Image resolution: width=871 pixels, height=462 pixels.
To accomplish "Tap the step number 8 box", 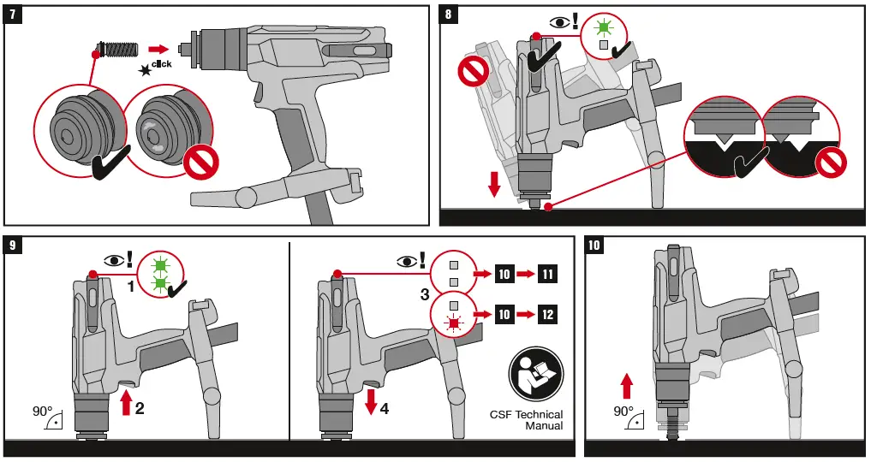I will coord(450,16).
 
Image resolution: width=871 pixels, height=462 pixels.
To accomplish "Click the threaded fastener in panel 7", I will coord(117,50).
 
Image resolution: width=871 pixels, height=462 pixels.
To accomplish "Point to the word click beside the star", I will coord(161,64).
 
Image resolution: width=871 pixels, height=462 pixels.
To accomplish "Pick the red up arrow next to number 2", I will coord(127,402).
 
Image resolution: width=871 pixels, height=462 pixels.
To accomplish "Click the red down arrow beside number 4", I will coord(370,403).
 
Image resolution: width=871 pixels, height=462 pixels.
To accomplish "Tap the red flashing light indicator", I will coord(454,323).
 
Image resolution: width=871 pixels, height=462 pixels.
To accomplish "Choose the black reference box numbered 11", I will coord(547,275).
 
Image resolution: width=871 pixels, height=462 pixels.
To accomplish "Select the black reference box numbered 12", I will coord(547,315).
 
